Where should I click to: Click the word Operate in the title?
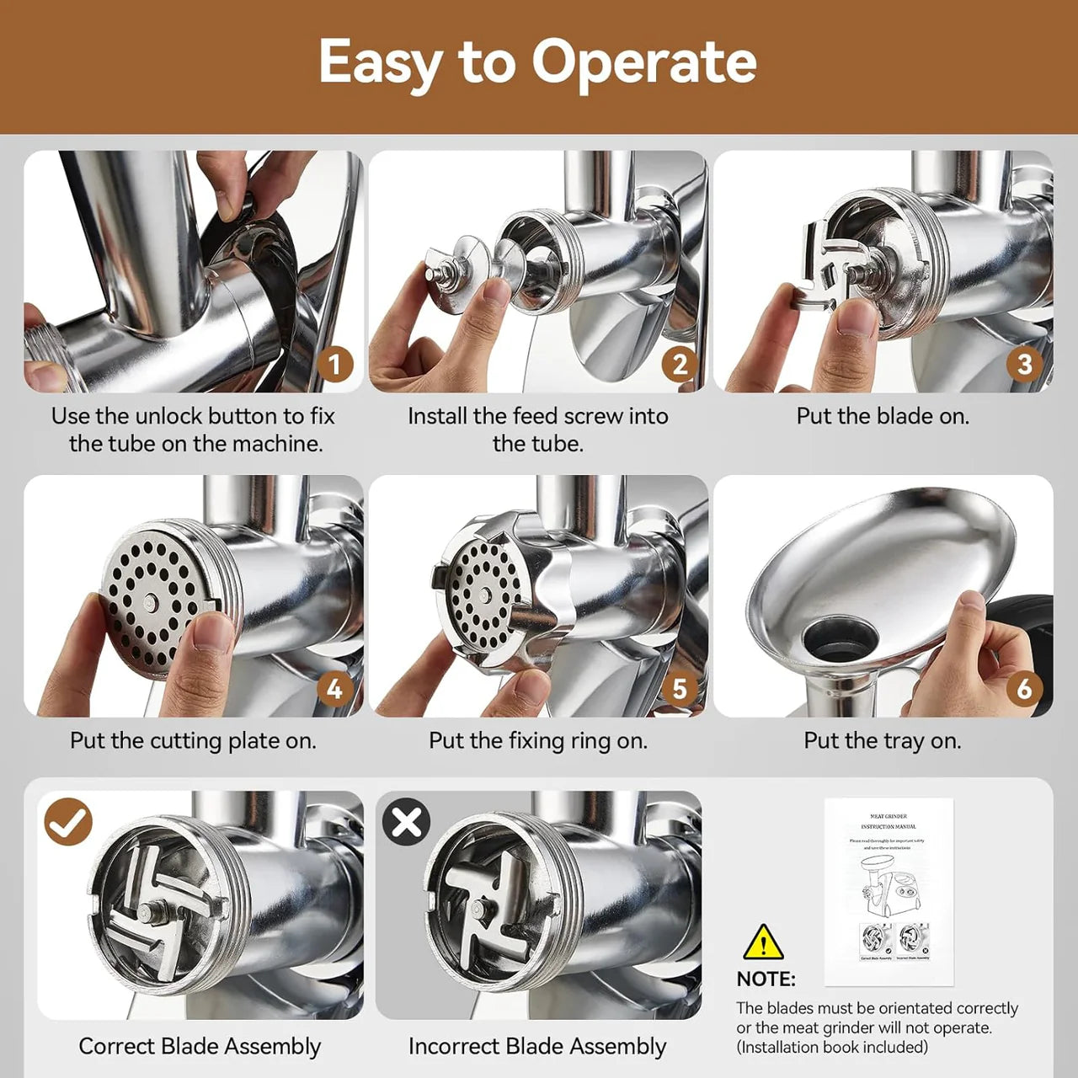coord(644,62)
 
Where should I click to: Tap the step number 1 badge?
coord(334,364)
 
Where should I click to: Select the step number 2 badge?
coord(679,364)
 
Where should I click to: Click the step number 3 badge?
coord(1024,364)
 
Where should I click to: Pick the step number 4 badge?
coord(334,689)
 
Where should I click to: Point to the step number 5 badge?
coord(679,689)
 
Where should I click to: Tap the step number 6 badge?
coord(1024,689)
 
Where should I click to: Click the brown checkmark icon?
coord(68,822)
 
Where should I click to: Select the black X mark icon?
coord(407,822)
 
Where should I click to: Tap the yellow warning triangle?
coord(763,943)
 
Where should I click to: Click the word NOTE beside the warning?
coord(766,979)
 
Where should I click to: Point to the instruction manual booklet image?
coord(889,891)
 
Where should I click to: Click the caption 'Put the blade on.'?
coord(883,416)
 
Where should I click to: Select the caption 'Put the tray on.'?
coord(882,740)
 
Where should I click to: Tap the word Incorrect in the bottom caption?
coord(452,1046)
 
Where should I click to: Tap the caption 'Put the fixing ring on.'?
coord(537,740)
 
